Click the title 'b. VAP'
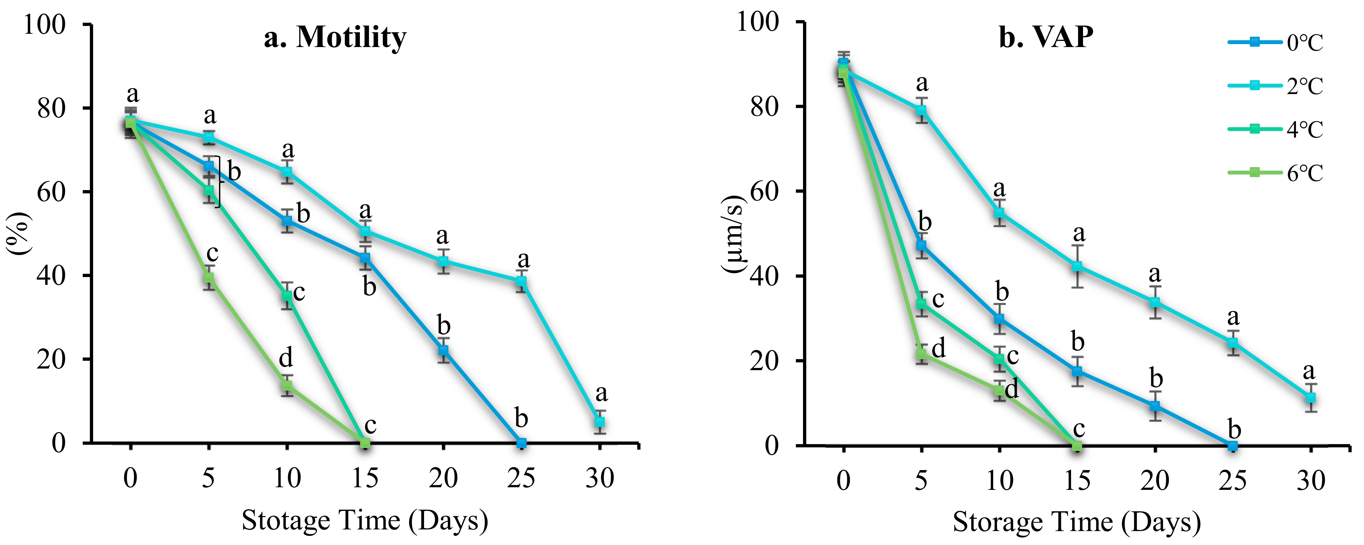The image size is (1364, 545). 1046,37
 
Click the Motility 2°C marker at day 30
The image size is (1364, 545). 599,422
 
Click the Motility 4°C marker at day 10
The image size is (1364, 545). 287,296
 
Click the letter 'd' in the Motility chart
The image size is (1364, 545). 286,358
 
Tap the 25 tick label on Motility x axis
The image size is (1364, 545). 521,478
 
